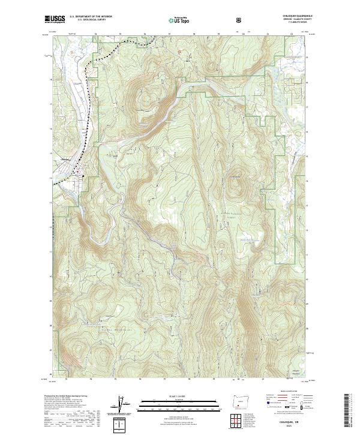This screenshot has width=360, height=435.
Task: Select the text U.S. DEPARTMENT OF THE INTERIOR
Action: coord(91,17)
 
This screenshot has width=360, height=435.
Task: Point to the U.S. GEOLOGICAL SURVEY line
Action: coord(90,21)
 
